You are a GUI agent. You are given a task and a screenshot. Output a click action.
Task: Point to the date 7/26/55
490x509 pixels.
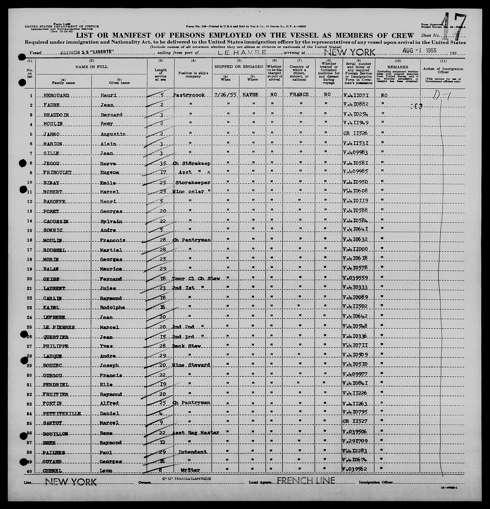pyautogui.click(x=225, y=95)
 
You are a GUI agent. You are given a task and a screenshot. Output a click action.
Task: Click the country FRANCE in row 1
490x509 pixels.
pyautogui.click(x=299, y=95)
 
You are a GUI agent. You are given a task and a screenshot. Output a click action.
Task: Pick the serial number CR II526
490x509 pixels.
pyautogui.click(x=355, y=133)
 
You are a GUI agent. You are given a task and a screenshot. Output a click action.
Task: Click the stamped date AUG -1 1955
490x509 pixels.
pyautogui.click(x=419, y=50)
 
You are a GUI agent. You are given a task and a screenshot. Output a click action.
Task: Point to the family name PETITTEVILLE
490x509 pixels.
pyautogui.click(x=62, y=414)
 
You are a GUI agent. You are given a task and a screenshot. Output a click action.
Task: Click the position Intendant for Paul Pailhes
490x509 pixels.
pyautogui.click(x=192, y=452)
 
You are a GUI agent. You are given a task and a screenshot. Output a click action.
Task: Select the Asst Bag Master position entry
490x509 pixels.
pyautogui.click(x=195, y=433)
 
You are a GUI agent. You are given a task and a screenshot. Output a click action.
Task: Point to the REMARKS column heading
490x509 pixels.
pyautogui.click(x=398, y=67)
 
